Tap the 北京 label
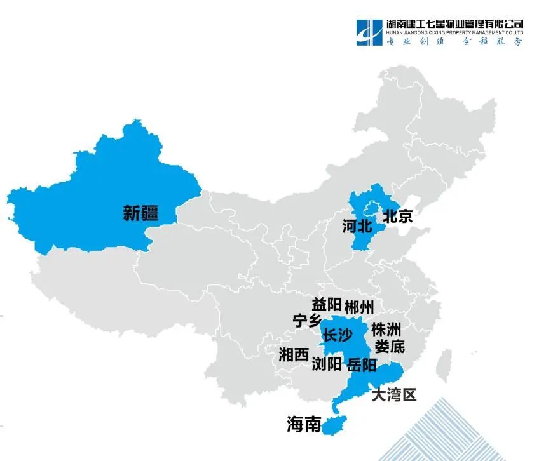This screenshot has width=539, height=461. pos(397,216)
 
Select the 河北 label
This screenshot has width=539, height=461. pos(357,226)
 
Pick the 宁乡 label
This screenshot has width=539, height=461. pos(307,321)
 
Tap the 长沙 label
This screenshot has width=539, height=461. pos(338,336)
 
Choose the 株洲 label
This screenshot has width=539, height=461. pos(386,330)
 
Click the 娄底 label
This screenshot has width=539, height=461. pos(389,347)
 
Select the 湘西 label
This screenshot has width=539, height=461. pos(294,355)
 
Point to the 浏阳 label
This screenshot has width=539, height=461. pos(327,364)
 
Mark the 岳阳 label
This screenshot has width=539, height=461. pos(362,365)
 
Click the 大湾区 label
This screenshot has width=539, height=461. pos(394,395)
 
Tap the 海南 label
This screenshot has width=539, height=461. pos(304,424)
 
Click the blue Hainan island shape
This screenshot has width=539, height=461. pos(332,426)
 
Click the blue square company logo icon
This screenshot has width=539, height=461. pos(370,32)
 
